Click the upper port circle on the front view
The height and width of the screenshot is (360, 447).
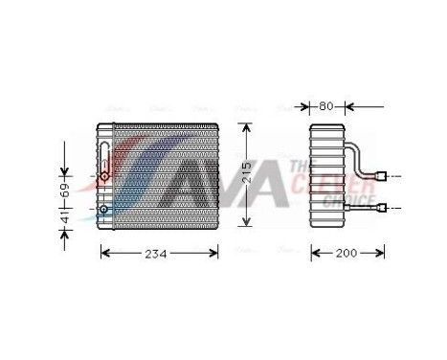pos(104,178)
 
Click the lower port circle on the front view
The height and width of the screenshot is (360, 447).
pos(104,209)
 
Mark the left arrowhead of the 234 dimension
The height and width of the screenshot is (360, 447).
pos(104,254)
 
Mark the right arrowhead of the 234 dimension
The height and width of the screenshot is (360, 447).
pos(219,254)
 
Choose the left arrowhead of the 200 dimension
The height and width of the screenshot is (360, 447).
pos(312,253)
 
